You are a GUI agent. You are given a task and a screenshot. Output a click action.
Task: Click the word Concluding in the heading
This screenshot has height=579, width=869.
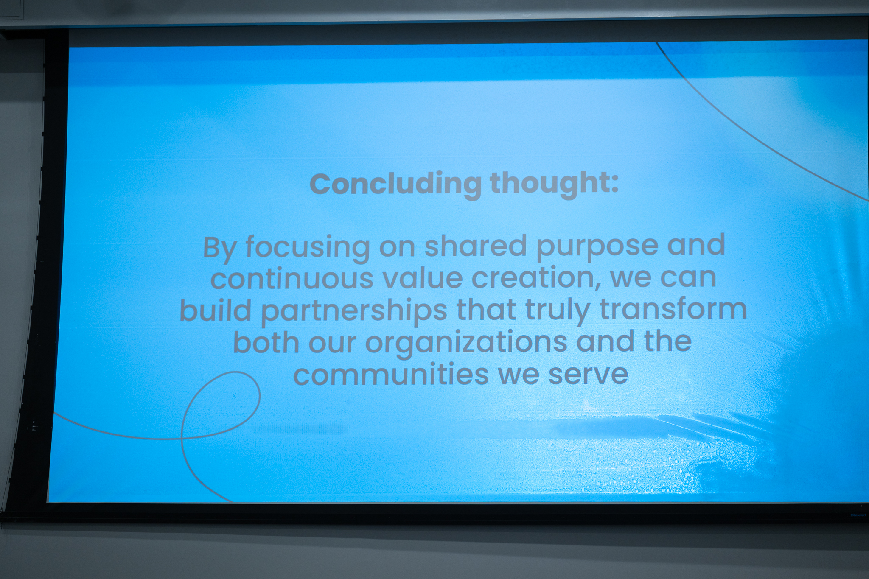[395, 184]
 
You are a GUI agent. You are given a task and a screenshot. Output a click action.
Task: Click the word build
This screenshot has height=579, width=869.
[216, 310]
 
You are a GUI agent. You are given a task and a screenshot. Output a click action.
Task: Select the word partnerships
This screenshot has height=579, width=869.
[354, 311]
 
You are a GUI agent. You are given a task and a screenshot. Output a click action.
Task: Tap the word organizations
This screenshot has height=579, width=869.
[466, 343]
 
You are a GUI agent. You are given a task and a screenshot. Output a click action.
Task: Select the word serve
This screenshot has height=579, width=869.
[589, 375]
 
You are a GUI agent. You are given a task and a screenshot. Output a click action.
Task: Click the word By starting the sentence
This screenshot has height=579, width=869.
[219, 248]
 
